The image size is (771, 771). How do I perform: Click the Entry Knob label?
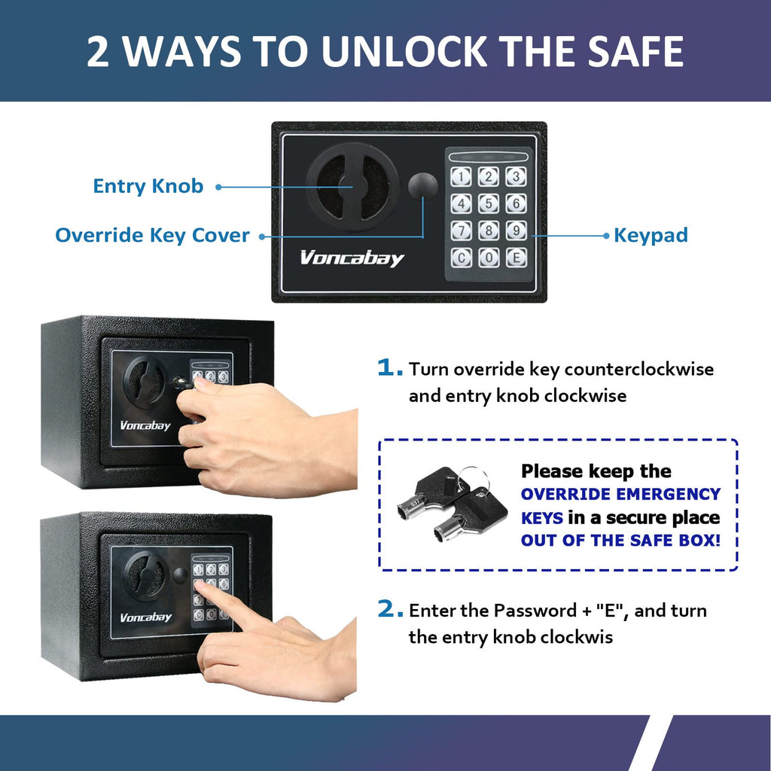click(x=148, y=186)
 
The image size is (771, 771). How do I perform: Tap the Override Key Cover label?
click(x=152, y=235)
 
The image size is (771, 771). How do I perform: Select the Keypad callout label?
click(x=651, y=235)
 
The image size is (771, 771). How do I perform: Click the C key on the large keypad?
click(x=462, y=258)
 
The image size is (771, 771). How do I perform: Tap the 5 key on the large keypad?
click(x=489, y=204)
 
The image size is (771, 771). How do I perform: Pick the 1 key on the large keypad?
click(x=462, y=177)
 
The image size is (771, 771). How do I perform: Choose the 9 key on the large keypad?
click(x=516, y=230)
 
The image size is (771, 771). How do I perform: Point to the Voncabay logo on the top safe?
click(x=352, y=258)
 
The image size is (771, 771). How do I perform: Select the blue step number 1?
click(x=389, y=368)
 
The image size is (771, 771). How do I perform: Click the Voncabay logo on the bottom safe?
click(x=145, y=617)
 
